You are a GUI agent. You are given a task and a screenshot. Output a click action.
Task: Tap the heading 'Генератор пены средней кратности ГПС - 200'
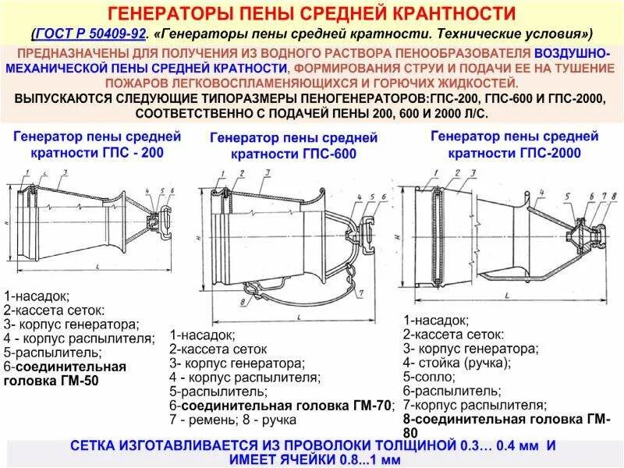pos(97,145)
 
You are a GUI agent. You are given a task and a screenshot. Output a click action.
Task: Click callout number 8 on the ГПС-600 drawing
pos(243,300)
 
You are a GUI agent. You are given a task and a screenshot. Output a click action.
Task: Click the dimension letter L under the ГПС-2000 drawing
pos(508,296)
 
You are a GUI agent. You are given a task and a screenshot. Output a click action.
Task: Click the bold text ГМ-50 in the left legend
pos(78,381)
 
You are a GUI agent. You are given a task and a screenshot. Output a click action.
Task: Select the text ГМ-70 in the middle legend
pos(374,406)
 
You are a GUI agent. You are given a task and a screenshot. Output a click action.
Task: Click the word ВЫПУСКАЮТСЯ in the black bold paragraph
pos(64,99)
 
